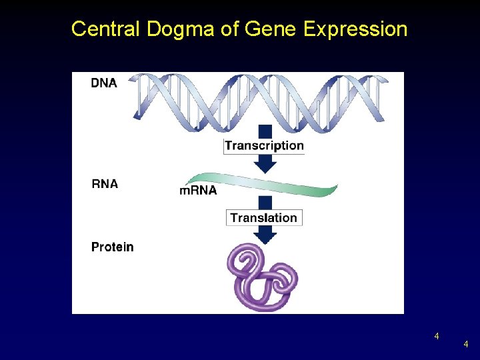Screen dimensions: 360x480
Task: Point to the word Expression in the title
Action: [x=355, y=30]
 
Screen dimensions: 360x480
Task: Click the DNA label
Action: [x=104, y=83]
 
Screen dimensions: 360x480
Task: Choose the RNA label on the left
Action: [x=105, y=183]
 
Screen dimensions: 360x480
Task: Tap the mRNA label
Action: [x=198, y=190]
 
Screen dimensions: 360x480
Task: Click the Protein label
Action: [x=112, y=247]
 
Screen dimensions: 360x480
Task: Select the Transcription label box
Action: [x=264, y=145]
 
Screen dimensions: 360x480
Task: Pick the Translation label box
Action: [x=264, y=217]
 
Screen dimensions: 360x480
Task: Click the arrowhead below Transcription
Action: [x=265, y=163]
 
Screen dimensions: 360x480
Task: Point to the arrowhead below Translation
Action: [x=265, y=234]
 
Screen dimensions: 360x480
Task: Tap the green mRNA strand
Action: [x=267, y=183]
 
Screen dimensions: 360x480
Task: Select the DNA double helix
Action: [x=260, y=99]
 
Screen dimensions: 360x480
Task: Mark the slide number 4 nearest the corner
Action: [x=466, y=345]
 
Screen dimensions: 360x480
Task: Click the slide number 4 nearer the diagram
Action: [x=437, y=336]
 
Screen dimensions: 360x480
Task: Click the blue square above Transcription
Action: [x=265, y=131]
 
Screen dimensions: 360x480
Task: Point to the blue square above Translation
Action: [x=265, y=203]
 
